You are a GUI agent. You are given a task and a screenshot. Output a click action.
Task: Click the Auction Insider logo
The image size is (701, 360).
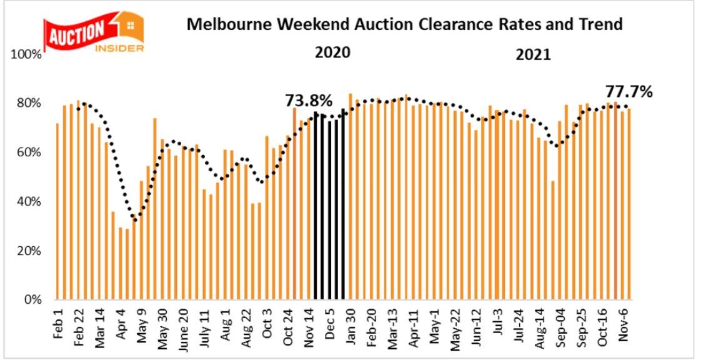tap(93, 31)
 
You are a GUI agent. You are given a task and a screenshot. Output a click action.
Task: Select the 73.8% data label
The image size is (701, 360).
tap(309, 100)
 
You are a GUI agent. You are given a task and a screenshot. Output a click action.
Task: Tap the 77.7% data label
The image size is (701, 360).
tap(629, 92)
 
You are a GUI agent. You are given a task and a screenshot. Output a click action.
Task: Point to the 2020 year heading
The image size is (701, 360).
tap(332, 52)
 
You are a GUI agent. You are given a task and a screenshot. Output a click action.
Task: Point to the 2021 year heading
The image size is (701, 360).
tap(533, 55)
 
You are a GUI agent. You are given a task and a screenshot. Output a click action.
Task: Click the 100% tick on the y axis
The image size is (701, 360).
tap(26, 55)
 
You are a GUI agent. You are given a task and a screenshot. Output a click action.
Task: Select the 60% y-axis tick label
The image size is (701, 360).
tap(29, 152)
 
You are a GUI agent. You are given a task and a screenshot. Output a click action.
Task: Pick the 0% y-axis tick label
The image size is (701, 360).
tap(32, 300)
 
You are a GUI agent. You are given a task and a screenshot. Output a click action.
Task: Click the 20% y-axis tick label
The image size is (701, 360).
tap(29, 251)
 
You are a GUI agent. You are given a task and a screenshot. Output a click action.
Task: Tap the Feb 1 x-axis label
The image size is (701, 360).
tap(58, 324)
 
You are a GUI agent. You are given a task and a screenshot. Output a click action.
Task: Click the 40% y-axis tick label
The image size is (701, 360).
tap(29, 202)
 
